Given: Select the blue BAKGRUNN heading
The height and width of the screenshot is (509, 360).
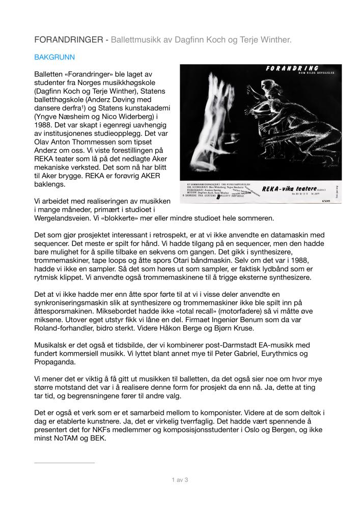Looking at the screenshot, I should click(54, 58).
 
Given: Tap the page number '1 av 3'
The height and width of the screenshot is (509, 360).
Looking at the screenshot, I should click(180, 479).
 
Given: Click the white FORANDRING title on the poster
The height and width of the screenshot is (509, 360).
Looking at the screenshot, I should click(293, 69).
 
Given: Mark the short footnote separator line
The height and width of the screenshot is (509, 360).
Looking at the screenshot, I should click(64, 463).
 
